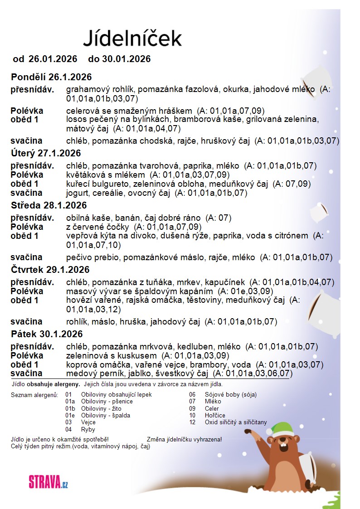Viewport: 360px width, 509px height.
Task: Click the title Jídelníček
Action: (x=132, y=38)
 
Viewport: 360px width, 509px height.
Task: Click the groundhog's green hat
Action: (x=282, y=428)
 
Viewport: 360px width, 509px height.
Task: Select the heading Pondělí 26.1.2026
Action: (x=51, y=76)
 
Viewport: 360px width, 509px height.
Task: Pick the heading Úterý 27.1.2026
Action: (x=46, y=153)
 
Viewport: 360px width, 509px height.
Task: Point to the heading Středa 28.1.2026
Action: (x=49, y=205)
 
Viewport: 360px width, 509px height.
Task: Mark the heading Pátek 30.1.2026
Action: (x=47, y=334)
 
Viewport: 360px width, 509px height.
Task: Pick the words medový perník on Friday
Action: (x=92, y=374)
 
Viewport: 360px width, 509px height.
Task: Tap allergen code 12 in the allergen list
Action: (x=192, y=422)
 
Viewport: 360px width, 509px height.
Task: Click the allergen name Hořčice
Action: (x=215, y=416)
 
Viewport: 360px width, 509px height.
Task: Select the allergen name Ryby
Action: (x=88, y=429)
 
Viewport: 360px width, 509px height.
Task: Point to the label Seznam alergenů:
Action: (x=34, y=395)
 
